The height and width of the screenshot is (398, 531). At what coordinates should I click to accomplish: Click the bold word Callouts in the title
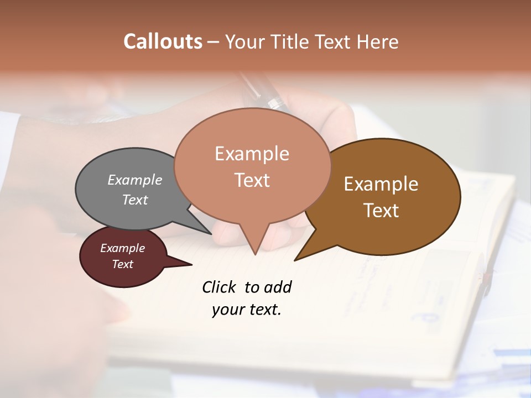point(163,41)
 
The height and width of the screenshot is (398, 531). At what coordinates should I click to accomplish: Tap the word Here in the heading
point(378,41)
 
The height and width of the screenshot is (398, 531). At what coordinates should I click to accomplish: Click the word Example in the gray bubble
point(135,180)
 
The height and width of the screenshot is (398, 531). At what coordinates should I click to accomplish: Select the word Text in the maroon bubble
point(122,264)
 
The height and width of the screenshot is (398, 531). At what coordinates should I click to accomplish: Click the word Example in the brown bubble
point(381,184)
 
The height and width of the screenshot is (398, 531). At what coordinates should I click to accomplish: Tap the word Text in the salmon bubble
point(252,180)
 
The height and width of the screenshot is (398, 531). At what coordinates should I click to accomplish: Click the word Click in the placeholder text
point(220,287)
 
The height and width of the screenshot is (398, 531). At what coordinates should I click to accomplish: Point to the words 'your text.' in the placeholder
point(247,310)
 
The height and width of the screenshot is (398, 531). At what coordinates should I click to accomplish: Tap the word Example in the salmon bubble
point(252,154)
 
